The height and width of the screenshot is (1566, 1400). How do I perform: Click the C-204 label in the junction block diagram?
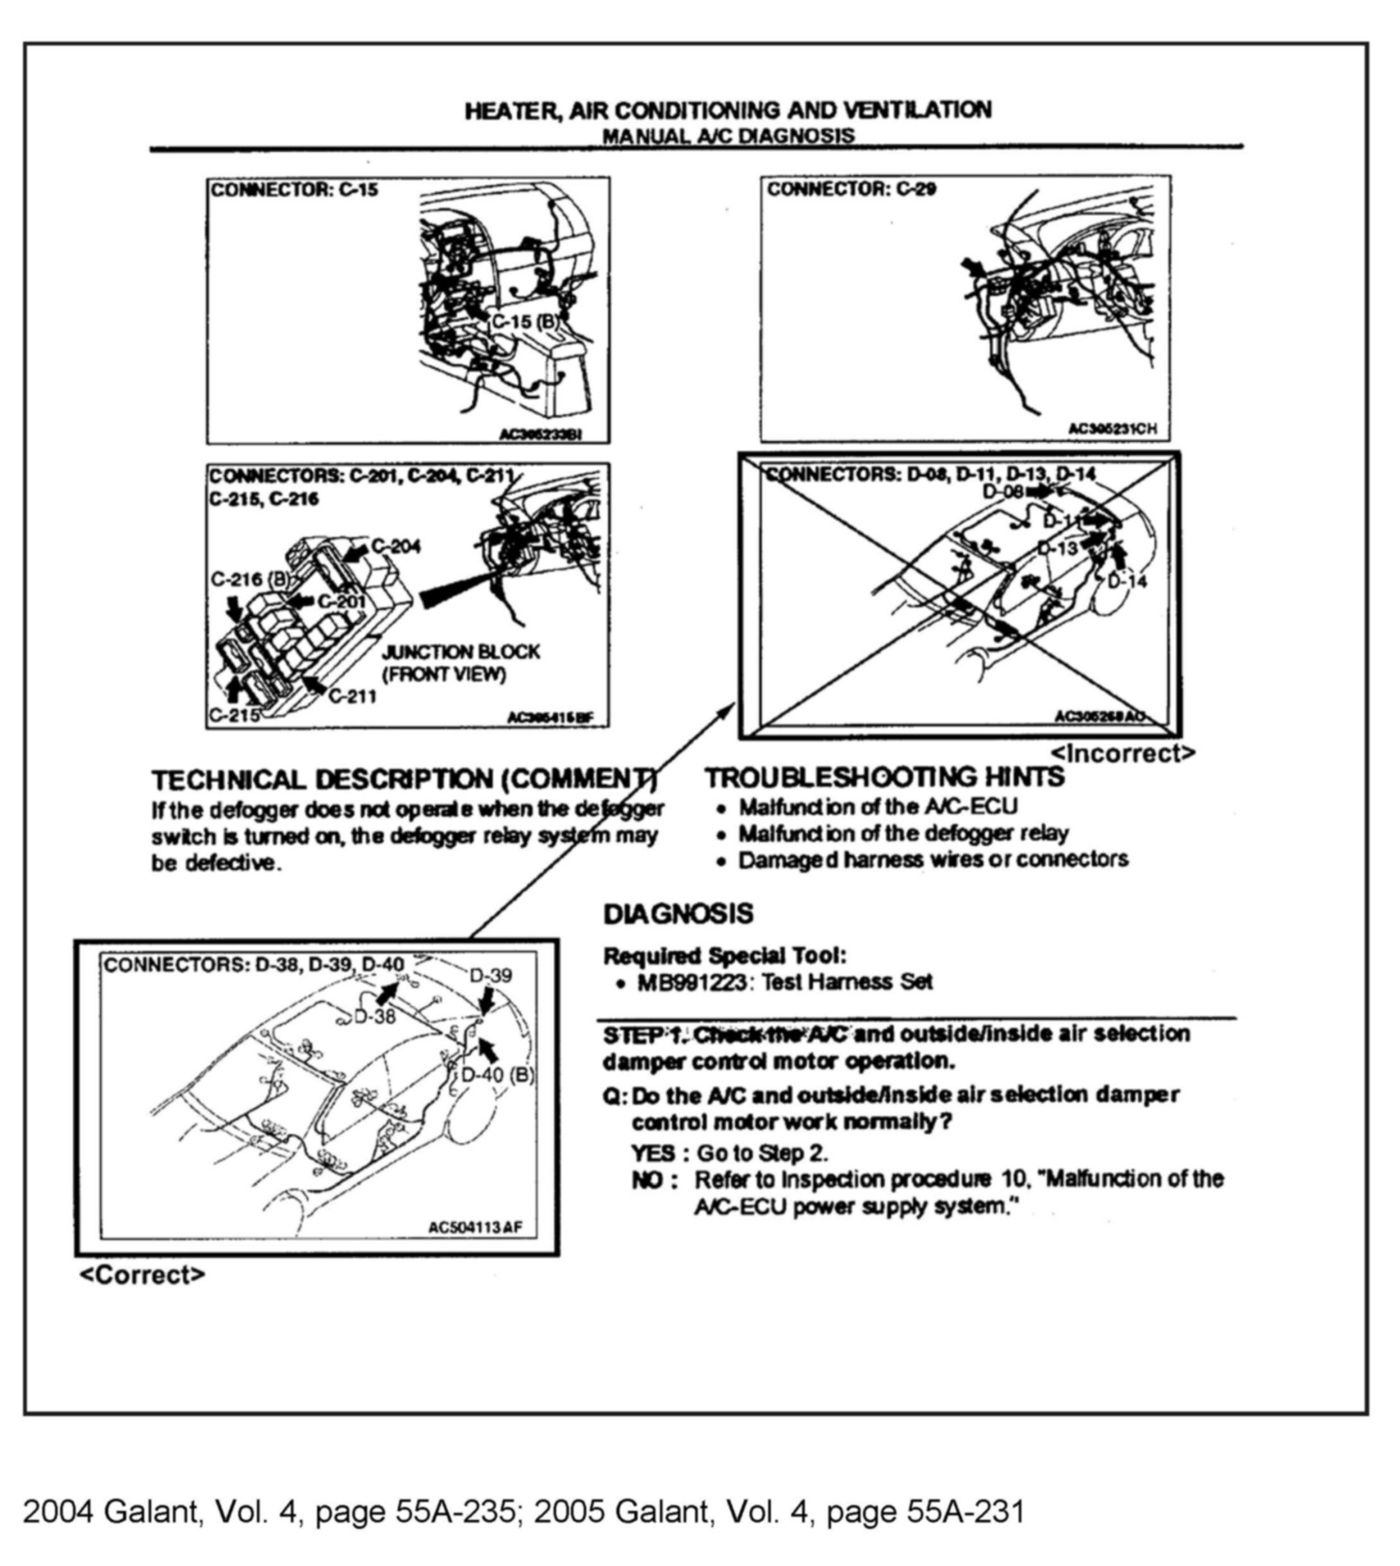point(396,546)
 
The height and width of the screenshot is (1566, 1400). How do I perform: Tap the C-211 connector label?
point(352,696)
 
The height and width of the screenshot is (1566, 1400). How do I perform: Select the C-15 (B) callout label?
point(525,322)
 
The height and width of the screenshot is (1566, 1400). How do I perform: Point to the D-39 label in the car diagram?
point(490,975)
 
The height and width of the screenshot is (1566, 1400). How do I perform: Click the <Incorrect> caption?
point(1123,753)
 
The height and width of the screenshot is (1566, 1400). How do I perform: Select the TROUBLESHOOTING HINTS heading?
point(885,778)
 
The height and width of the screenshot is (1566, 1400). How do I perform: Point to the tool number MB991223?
point(691,982)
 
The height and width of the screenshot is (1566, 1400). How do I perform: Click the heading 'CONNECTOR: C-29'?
point(851,189)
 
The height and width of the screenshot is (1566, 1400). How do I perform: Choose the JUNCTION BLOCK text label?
point(461,652)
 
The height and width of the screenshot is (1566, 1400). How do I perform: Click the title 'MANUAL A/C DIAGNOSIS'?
point(728,136)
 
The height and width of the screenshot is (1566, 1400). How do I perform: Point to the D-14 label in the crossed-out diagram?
point(1127,581)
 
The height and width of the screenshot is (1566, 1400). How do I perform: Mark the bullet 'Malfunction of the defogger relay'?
point(904,833)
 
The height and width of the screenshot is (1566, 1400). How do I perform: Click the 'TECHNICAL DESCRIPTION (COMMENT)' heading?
point(404,780)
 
